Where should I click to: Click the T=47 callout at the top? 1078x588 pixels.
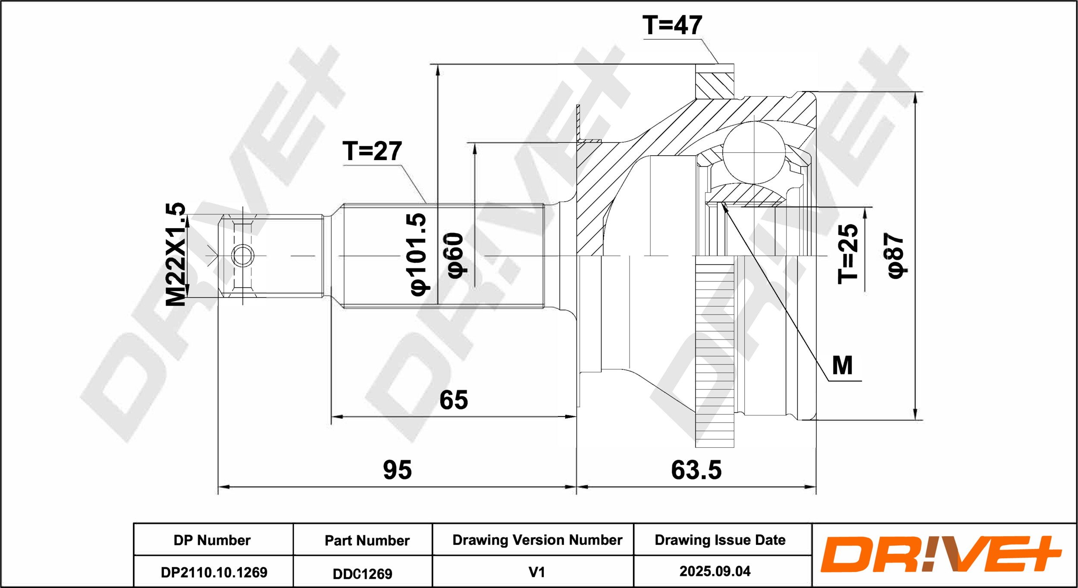672,25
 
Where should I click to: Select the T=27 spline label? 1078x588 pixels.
372,151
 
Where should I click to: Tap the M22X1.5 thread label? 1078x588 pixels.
175,254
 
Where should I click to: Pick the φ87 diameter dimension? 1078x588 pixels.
896,256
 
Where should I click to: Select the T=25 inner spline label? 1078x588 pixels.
848,254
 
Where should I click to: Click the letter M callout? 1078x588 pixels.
842,365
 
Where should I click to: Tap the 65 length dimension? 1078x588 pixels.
454,400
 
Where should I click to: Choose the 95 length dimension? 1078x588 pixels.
397,470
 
